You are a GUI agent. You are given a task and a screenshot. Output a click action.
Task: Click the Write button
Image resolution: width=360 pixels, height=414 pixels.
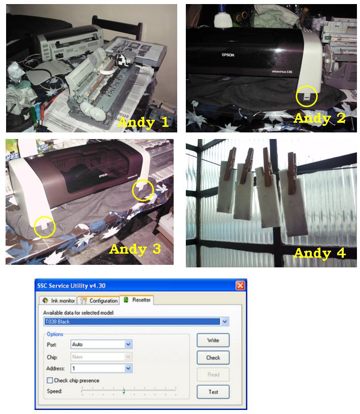tap(213, 340)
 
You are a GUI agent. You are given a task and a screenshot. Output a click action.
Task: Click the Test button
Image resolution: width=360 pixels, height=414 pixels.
tap(213, 392)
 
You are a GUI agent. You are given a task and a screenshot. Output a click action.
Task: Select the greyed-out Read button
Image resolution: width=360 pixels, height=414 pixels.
tap(213, 374)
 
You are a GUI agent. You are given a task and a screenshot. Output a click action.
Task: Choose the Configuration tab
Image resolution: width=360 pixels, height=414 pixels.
tap(100, 300)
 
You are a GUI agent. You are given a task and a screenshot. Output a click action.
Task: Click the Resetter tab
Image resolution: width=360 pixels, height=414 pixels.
tap(138, 300)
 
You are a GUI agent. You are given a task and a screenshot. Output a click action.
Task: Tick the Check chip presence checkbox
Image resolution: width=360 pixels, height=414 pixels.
tap(50, 381)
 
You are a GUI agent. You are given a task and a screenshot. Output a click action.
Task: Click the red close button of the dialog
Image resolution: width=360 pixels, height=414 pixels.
tap(240, 286)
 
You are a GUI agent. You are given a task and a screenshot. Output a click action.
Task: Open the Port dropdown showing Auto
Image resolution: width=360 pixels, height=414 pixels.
tap(102, 344)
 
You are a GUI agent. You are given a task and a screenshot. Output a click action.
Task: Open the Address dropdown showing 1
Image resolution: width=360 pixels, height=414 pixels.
tap(102, 368)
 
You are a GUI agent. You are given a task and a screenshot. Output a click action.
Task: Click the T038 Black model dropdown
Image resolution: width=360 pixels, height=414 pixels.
tap(136, 321)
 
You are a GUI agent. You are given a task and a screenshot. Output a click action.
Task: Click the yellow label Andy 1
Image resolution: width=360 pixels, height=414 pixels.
tap(144, 122)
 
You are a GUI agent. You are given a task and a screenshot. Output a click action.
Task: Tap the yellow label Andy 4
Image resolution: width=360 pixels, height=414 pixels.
tap(319, 252)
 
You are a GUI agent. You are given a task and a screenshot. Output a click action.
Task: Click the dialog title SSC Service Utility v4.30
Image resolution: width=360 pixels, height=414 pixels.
tap(71, 286)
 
